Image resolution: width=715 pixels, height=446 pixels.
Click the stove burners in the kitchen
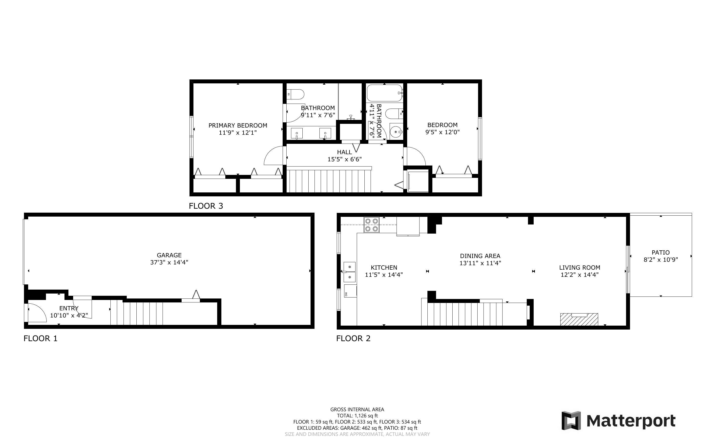pos(371,224)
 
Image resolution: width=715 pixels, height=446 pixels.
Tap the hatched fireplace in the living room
pos(579,319)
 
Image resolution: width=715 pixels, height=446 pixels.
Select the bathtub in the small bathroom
pos(384,93)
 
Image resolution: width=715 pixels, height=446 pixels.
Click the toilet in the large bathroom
pos(295,95)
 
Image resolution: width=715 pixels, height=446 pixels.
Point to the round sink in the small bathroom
pos(396,132)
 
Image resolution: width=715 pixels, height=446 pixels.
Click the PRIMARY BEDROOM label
pos(238,125)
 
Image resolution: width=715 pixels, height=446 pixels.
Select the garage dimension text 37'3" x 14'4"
pos(169,262)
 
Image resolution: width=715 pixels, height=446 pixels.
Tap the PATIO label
pos(660,253)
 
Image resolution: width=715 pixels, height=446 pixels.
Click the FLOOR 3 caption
pos(206,206)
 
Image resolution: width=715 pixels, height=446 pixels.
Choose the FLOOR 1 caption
pos(41,338)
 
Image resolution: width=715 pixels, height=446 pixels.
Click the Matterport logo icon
pos(571,421)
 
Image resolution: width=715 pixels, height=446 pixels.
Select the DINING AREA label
pos(480,256)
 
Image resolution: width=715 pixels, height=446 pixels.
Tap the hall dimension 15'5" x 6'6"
pos(344,159)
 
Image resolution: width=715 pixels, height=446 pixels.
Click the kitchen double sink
pos(350,272)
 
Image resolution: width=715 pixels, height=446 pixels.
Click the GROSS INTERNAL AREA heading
pos(357,409)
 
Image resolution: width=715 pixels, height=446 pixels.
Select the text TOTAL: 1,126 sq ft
pos(357,416)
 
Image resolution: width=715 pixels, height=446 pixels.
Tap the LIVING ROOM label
pos(579,268)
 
